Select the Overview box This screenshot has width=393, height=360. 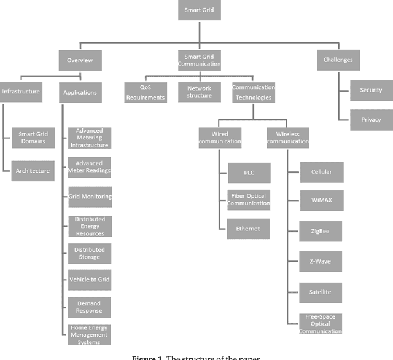(79, 60)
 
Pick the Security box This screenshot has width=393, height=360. (371, 90)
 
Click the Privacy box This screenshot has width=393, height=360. (371, 120)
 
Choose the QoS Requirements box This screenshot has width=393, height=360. (146, 92)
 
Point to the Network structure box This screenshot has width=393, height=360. (200, 92)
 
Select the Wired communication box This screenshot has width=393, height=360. (220, 137)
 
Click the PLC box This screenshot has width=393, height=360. (249, 173)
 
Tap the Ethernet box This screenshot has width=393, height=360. (249, 229)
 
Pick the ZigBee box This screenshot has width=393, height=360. (321, 232)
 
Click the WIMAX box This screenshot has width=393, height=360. (321, 201)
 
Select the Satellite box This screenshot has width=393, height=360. (321, 292)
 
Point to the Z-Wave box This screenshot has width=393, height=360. (321, 261)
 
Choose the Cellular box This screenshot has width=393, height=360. (321, 172)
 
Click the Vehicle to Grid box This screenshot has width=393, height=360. (90, 280)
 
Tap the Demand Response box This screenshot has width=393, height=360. (90, 307)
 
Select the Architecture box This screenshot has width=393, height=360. (33, 170)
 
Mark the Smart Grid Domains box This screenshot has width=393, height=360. (33, 138)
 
